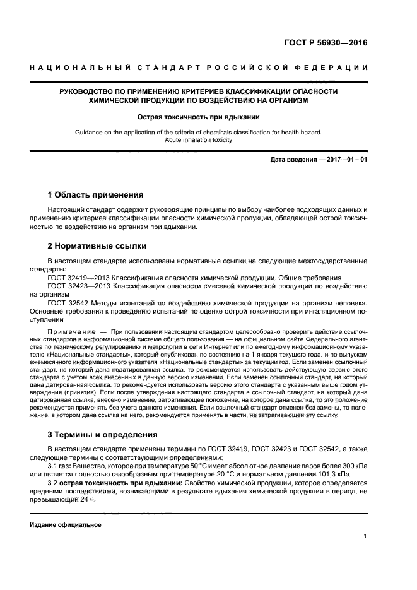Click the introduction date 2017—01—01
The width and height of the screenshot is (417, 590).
coord(346,160)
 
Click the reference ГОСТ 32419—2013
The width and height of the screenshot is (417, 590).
coord(74,277)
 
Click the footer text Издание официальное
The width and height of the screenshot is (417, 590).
coord(66,525)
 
